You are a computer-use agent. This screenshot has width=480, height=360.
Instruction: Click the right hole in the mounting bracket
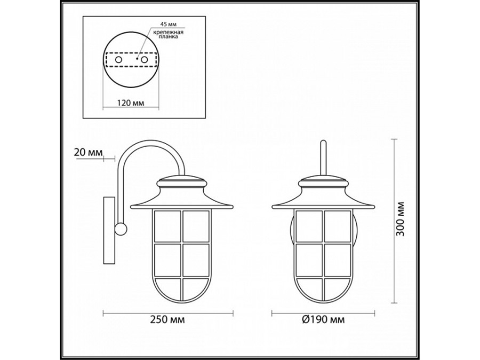coord(143,60)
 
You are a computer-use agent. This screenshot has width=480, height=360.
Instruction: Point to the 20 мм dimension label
coord(87,153)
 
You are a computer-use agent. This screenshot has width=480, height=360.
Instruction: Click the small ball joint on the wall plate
coord(122,230)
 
